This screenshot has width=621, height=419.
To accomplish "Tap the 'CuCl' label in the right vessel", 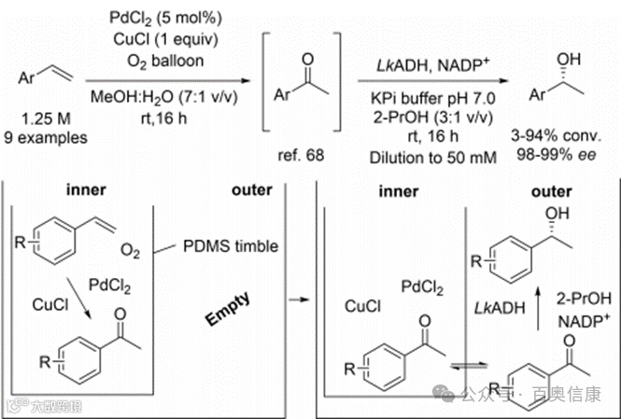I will [363, 304].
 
